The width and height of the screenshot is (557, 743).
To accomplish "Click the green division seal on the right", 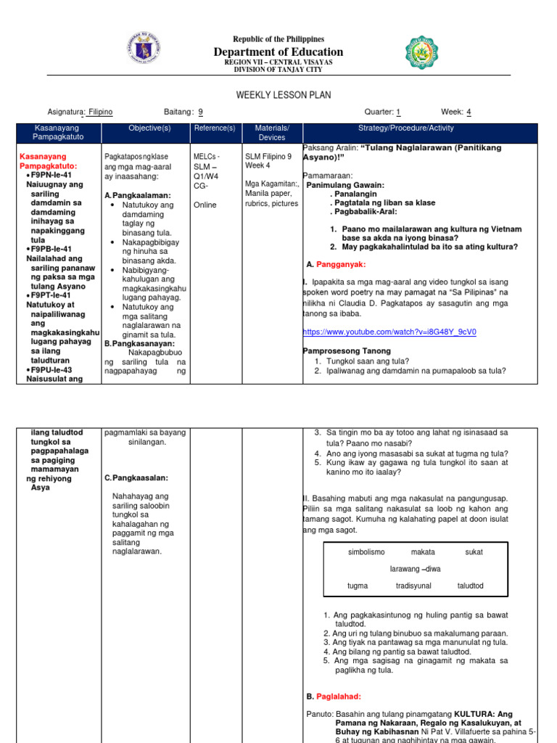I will [421, 53].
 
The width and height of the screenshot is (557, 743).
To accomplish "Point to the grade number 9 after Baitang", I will [200, 112].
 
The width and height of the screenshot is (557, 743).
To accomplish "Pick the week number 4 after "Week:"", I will [469, 112].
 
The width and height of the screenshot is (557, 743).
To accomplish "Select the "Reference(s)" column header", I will [214, 128].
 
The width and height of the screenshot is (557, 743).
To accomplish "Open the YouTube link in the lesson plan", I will [389, 332].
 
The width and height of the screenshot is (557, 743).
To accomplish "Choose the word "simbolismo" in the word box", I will [366, 552].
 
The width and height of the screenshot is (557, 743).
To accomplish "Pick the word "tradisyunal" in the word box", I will [413, 586].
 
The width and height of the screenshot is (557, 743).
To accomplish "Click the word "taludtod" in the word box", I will [470, 586].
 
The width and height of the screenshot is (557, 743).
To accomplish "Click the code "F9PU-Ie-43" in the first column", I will [51, 369].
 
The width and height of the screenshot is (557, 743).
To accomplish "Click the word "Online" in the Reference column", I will [205, 205].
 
